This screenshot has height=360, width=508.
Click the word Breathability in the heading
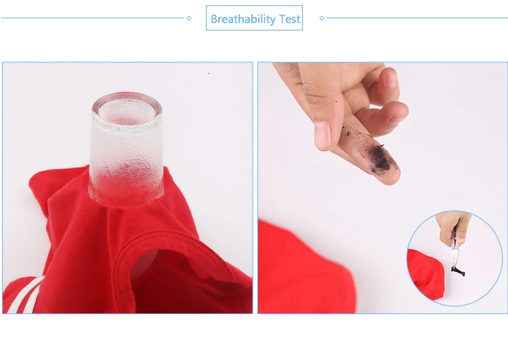coord(243,19)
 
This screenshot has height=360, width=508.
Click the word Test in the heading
coord(290,19)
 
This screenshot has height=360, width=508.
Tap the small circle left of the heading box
coord(189,18)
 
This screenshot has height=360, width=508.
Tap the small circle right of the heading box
coord(322,18)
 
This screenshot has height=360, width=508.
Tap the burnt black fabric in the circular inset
coord(458,271)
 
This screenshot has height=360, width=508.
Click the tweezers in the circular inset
coord(454,251)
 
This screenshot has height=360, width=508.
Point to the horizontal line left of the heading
coord(93,18)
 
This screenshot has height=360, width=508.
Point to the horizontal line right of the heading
coord(417,18)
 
